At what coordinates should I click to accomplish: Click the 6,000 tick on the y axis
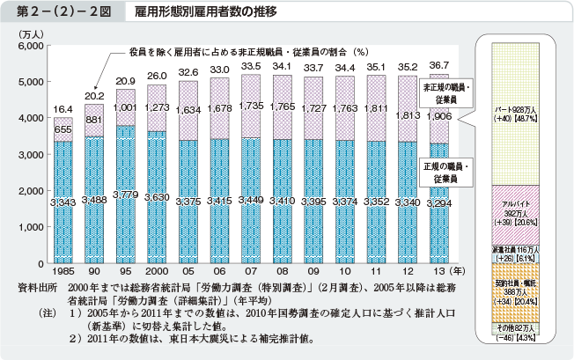30,45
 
